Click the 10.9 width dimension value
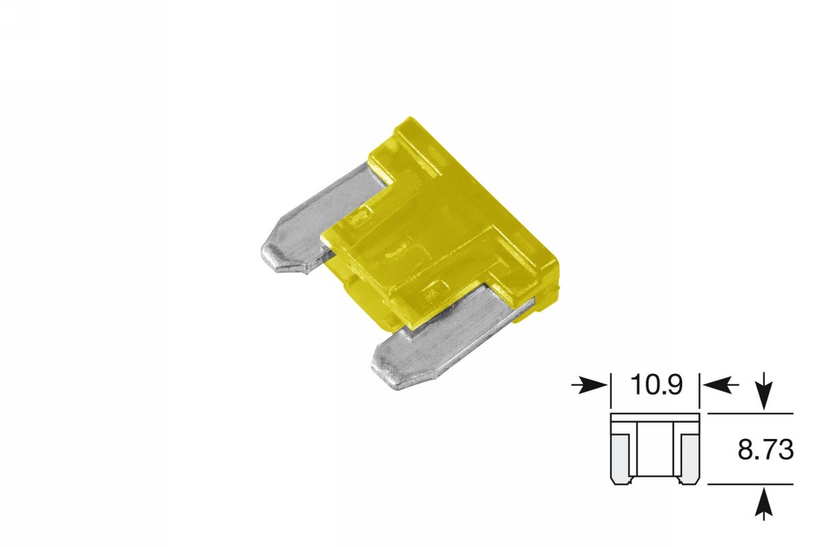tap(656, 385)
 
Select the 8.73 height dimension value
tap(765, 450)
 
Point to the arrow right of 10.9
tap(721, 385)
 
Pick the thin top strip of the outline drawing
tap(656, 418)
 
